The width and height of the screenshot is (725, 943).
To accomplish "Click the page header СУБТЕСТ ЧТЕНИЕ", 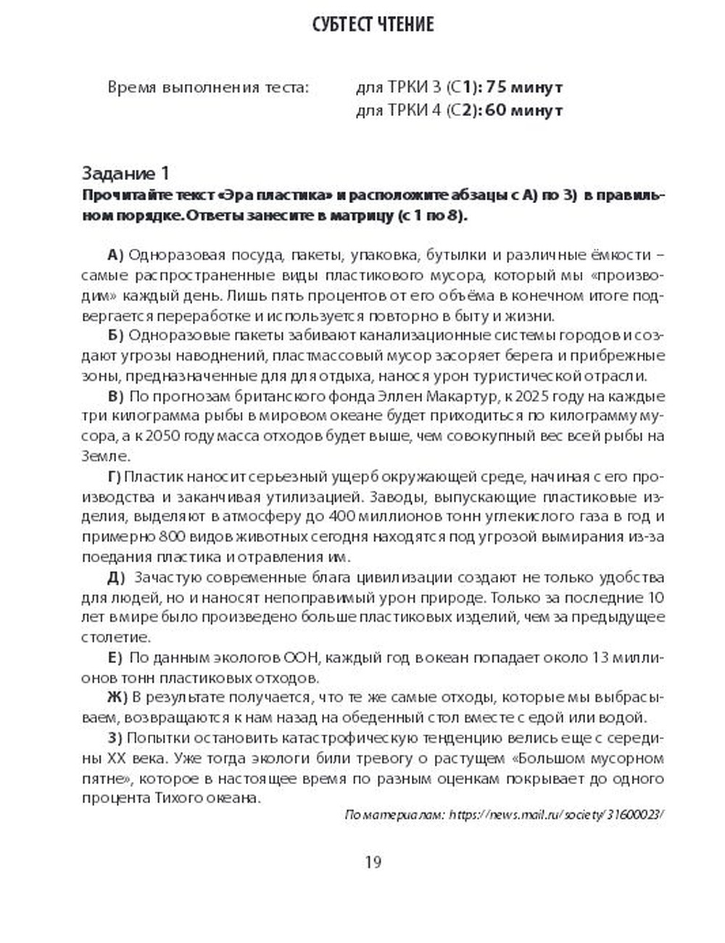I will [373, 25].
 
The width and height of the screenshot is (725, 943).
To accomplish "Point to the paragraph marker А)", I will [116, 255].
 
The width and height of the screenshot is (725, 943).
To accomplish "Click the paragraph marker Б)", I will [116, 336].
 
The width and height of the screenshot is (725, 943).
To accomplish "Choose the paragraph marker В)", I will [116, 397].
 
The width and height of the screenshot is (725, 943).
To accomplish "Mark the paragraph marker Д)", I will [116, 577].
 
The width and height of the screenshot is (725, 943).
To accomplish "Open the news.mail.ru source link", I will [556, 815].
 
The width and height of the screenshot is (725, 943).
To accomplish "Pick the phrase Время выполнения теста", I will [208, 88].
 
